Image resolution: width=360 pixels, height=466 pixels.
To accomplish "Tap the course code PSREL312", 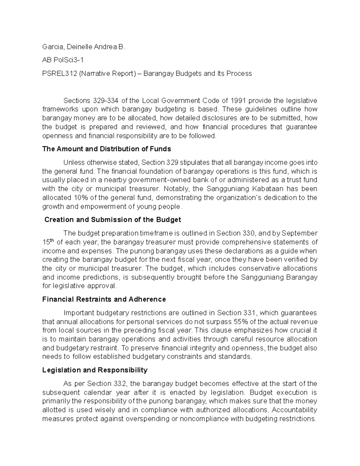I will [59, 74].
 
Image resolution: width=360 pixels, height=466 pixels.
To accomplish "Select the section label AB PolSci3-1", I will [63, 60].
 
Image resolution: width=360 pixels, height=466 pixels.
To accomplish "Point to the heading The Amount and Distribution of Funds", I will [106, 149].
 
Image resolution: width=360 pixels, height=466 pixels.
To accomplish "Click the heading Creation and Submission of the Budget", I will [112, 220].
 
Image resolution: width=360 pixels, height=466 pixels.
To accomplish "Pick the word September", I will [300, 233].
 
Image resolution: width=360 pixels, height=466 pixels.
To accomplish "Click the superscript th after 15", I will [52, 240].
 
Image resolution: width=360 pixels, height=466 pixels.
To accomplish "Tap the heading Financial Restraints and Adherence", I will [104, 299].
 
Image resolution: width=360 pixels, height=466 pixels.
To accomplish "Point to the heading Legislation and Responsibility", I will [95, 370].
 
